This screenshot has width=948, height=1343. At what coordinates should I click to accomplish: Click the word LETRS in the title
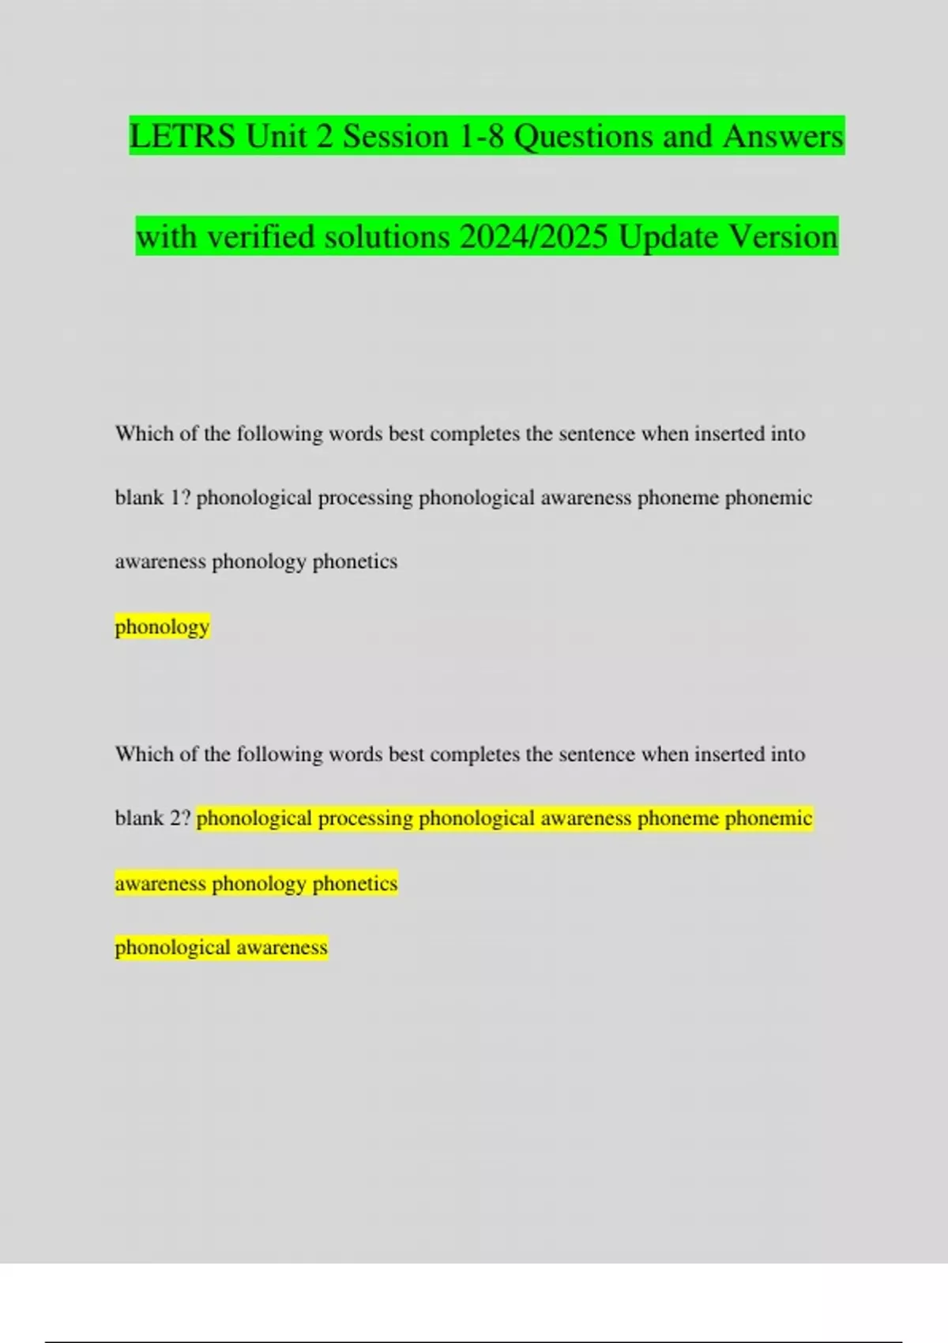click(x=182, y=136)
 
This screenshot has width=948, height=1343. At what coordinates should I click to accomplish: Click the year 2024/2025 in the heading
click(x=533, y=236)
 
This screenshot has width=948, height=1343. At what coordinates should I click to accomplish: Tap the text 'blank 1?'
click(x=152, y=498)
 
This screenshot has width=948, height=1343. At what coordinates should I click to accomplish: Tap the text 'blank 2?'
click(x=152, y=818)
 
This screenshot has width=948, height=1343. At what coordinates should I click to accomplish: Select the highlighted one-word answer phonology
click(x=162, y=626)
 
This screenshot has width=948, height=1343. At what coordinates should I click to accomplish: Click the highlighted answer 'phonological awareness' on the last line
click(x=221, y=946)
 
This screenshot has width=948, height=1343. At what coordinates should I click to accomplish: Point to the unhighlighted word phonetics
click(x=355, y=562)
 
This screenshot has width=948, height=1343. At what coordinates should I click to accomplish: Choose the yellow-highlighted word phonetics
click(x=355, y=882)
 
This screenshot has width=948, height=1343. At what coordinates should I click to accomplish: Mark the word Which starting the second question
click(x=142, y=754)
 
